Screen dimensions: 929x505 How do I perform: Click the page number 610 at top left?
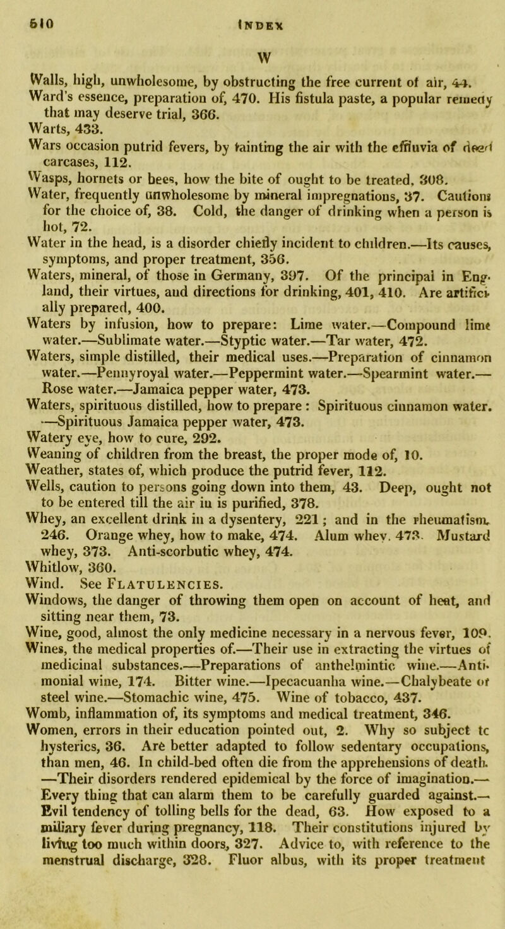coord(18,11)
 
